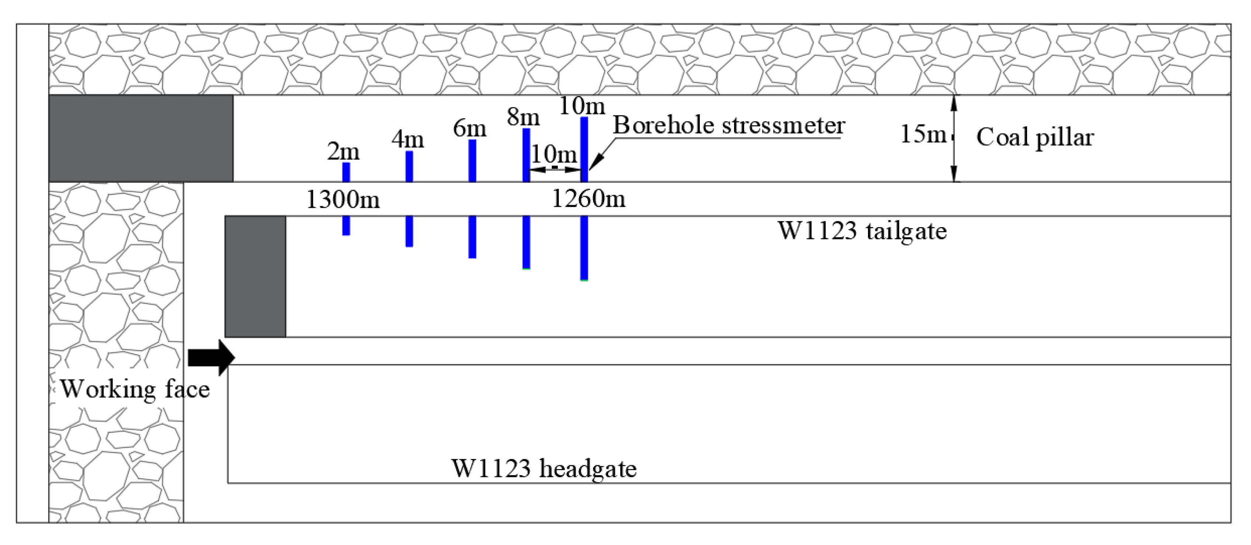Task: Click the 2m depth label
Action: (x=343, y=151)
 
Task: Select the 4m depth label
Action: (x=407, y=140)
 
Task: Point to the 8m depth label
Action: (x=523, y=117)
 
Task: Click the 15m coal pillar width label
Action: (x=923, y=134)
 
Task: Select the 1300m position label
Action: (x=343, y=199)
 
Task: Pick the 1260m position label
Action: (x=589, y=199)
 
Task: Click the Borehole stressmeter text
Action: (x=728, y=125)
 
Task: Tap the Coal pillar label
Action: (x=1034, y=137)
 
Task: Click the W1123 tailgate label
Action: (x=862, y=231)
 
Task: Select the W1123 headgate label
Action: (x=544, y=469)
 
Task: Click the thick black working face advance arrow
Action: (x=211, y=357)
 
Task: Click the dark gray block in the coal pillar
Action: (x=141, y=138)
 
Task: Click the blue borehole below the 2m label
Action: (x=346, y=172)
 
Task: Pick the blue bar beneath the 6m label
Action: (x=472, y=160)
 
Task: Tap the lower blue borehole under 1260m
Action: (x=584, y=248)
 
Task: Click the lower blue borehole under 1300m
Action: (x=346, y=225)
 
